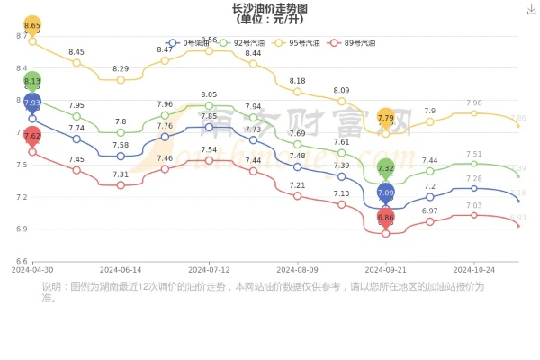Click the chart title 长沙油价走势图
(269, 8)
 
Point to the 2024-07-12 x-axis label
(210, 269)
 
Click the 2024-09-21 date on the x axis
(386, 269)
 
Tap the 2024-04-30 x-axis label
(32, 269)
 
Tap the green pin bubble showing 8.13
(32, 81)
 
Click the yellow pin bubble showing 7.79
(386, 118)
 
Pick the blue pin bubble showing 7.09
(386, 193)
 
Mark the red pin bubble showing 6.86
(386, 218)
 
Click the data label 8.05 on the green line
(210, 94)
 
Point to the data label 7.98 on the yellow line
(474, 103)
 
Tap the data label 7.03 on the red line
(474, 205)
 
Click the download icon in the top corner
(529, 8)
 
